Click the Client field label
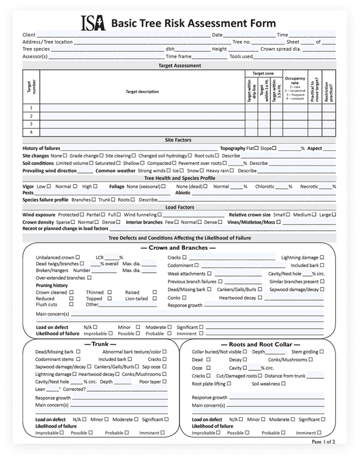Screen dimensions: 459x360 [x=29, y=35]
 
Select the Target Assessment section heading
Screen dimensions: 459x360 [x=179, y=66]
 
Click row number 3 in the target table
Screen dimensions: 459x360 [x=31, y=124]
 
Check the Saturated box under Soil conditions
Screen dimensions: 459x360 [x=118, y=163]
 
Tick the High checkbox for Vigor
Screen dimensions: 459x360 [x=95, y=187]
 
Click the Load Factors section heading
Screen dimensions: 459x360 [x=179, y=207]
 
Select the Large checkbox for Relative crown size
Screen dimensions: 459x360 [x=334, y=215]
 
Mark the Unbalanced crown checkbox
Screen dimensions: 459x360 [x=77, y=258]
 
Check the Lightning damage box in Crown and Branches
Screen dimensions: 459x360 [x=322, y=258]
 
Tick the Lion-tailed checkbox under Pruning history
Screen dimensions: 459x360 [x=151, y=299]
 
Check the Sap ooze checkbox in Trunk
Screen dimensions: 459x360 [x=165, y=367]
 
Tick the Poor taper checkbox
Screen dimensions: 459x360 [x=165, y=382]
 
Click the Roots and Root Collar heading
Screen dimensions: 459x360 [x=258, y=344]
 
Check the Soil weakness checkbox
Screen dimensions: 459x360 [x=283, y=383]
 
